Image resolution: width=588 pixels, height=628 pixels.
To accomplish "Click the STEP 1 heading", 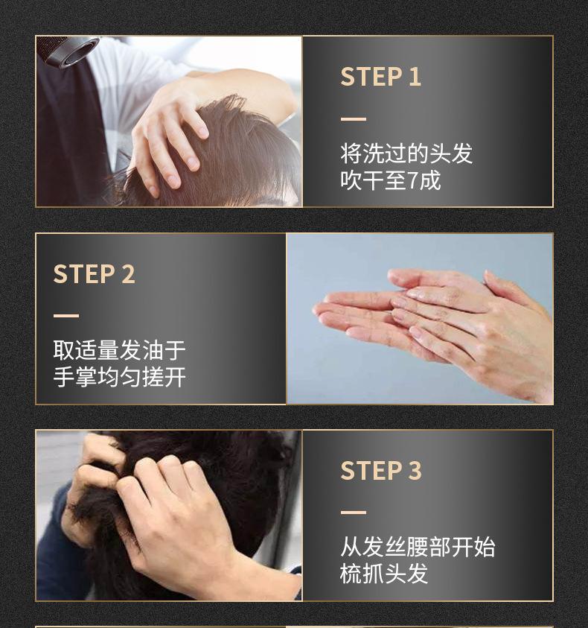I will [x=380, y=77].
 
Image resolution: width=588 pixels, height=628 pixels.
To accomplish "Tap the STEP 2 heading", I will [x=94, y=274].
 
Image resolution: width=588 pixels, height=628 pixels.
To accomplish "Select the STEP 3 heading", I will [x=380, y=471].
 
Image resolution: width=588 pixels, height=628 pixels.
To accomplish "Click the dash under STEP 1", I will [x=354, y=119].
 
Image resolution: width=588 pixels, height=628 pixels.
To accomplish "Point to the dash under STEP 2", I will [x=66, y=316].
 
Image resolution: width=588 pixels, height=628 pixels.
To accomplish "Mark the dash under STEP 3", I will [x=354, y=513].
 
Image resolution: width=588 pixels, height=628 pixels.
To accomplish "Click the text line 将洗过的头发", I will [x=406, y=154].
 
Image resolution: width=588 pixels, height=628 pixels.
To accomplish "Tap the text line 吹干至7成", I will [x=390, y=180].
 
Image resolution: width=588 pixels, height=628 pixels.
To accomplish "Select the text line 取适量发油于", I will [x=119, y=350].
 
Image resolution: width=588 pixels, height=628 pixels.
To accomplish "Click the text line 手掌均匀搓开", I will [x=119, y=377].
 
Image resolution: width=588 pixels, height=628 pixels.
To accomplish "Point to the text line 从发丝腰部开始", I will [x=417, y=547].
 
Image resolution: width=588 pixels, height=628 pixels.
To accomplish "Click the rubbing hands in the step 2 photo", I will [x=439, y=320].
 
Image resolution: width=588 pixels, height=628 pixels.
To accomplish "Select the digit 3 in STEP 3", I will [x=415, y=471].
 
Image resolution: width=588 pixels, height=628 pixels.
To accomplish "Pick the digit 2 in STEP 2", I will [x=128, y=274].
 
